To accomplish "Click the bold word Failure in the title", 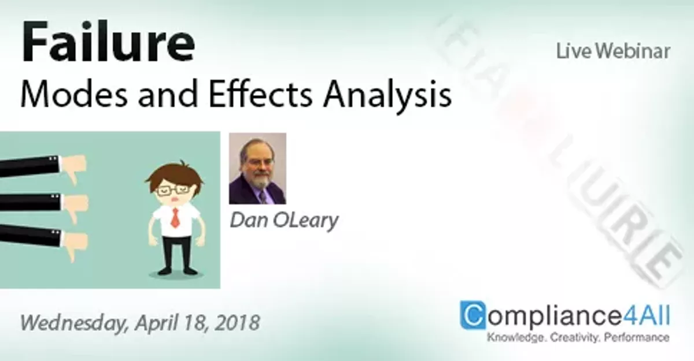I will (108, 44).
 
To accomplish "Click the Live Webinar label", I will (612, 51).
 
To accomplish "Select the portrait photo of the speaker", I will (257, 169).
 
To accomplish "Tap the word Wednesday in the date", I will (72, 321).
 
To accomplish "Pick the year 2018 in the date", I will (237, 321).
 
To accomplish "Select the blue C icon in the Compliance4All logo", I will (473, 315).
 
